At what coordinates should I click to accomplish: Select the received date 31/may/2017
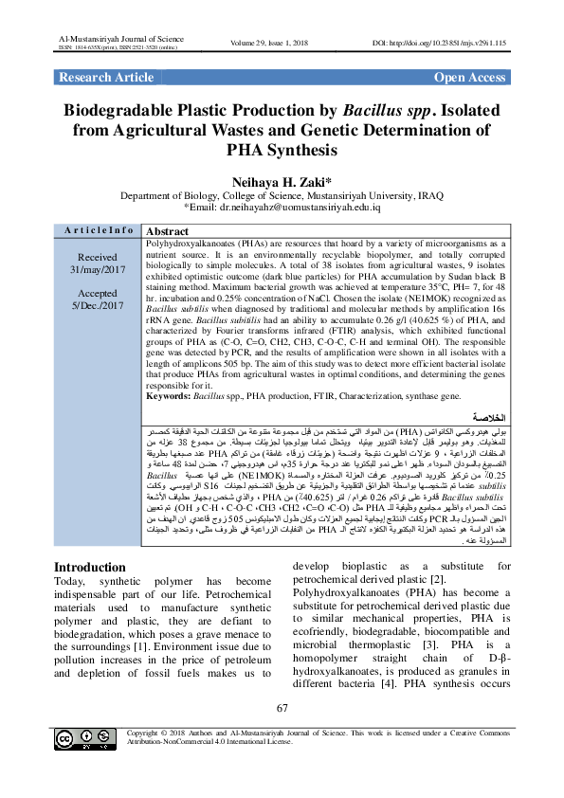[x=97, y=269]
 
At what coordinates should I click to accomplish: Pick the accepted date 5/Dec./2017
[x=97, y=306]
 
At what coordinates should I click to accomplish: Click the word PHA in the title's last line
[x=248, y=150]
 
